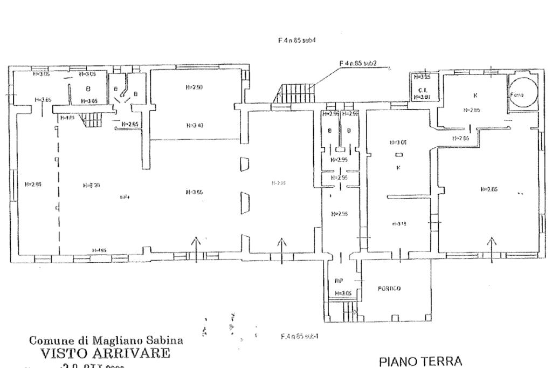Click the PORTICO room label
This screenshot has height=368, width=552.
click(389, 289)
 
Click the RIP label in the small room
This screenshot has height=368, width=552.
click(339, 281)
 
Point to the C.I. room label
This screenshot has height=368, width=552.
click(422, 90)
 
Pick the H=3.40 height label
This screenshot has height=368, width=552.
click(194, 125)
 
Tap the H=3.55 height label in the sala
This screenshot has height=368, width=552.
click(193, 192)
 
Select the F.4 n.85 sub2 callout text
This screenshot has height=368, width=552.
click(357, 63)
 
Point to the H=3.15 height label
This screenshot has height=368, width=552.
click(398, 223)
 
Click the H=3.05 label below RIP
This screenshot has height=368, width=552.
click(343, 293)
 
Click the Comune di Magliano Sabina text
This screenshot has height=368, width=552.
click(106, 341)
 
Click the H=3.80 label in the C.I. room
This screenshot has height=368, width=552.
click(422, 97)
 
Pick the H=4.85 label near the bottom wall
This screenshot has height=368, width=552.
click(99, 250)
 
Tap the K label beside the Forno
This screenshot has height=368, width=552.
click(475, 95)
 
